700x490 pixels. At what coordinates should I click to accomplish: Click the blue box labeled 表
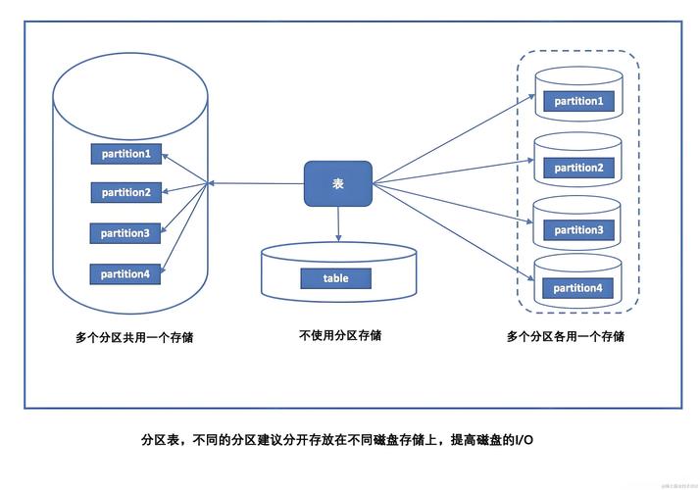338,183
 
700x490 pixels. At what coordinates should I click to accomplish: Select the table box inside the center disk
335,278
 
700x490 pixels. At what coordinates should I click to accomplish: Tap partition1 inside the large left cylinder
125,154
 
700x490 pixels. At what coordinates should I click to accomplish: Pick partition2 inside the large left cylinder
125,192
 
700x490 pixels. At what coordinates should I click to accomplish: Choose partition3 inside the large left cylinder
125,233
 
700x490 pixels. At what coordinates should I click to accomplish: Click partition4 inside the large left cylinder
125,274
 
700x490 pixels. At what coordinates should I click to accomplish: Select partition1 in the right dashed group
577,101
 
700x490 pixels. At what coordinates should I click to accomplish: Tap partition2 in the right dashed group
577,168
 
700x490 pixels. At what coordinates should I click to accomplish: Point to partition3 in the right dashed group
577,230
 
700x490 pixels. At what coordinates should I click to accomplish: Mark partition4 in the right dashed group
577,288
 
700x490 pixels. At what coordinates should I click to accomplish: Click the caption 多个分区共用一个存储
134,337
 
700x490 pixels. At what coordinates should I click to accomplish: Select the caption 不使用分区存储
340,335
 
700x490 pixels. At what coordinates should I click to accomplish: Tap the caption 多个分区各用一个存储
566,336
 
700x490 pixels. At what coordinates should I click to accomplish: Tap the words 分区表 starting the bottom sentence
159,441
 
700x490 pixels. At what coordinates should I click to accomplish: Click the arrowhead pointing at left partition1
164,155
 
